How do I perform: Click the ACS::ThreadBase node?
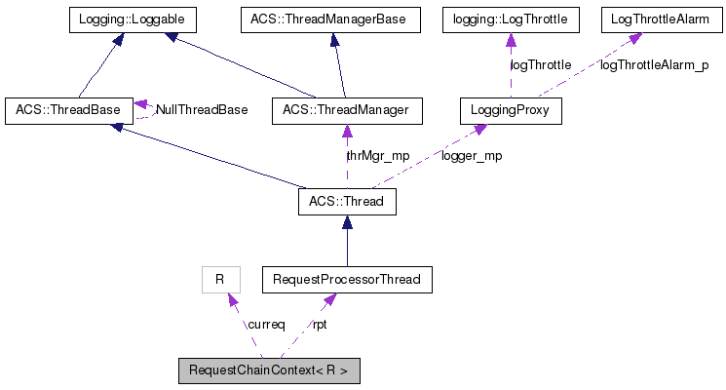(68, 110)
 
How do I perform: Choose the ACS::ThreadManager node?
(348, 110)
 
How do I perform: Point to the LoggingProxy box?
(512, 110)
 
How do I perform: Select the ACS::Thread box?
(347, 202)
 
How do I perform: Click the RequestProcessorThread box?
(347, 280)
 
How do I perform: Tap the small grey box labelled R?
(220, 280)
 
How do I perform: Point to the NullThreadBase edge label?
(203, 110)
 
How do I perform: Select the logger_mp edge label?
(472, 156)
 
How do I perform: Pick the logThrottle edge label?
(541, 65)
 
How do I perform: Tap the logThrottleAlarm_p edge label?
(654, 65)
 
